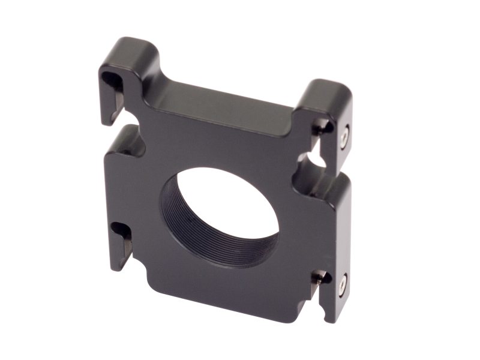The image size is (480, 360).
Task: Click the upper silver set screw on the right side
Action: (344, 137)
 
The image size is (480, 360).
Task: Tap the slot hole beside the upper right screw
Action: (323, 127)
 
